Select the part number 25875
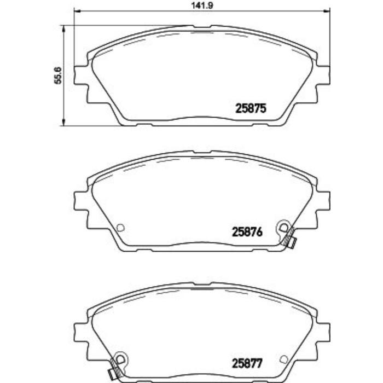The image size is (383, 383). coord(251,108)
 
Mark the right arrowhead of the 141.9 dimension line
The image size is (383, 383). coord(328,12)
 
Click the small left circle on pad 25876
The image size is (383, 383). coord(121,228)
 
